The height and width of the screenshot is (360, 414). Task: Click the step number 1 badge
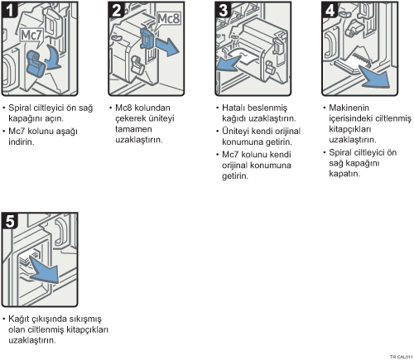(9, 10)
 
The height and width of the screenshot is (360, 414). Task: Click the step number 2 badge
(116, 10)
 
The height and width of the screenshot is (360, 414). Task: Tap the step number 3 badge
(223, 10)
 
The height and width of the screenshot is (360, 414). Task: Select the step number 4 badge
(330, 10)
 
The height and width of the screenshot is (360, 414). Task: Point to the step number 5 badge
(9, 221)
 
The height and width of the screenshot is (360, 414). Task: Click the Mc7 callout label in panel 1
(31, 36)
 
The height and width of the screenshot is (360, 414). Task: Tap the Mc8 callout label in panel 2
(168, 19)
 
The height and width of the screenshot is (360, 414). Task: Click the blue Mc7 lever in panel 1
(36, 64)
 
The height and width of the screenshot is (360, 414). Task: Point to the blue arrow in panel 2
(166, 46)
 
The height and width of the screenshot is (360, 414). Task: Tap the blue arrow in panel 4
(375, 76)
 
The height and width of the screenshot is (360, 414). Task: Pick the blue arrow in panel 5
(44, 271)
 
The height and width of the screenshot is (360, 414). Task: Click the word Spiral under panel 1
(18, 108)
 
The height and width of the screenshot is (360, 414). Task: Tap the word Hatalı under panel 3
(233, 108)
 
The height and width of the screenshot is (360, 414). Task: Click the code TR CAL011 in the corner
(402, 357)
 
